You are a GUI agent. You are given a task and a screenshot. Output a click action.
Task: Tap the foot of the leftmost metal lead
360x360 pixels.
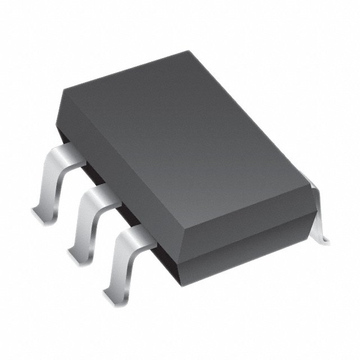[38, 213]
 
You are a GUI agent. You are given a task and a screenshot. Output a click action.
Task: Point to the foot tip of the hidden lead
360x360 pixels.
[325, 239]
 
